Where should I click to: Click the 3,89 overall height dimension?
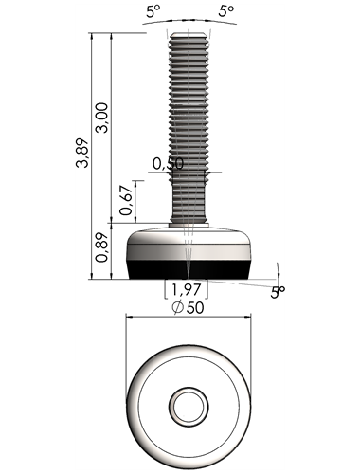(81, 153)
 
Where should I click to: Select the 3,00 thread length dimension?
(102, 118)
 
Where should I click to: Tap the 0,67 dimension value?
(126, 201)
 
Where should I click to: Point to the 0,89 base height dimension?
(102, 247)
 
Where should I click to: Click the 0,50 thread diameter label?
(168, 164)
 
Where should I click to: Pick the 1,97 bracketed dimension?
(187, 289)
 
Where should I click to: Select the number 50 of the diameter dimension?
(195, 308)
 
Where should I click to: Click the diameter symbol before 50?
(178, 308)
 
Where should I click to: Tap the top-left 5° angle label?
(153, 12)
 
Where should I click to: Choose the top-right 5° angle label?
(226, 11)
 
